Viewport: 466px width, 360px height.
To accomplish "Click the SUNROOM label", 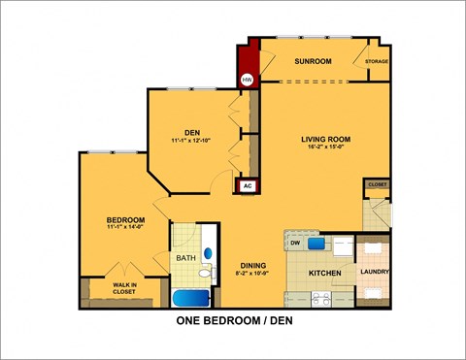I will (313, 61).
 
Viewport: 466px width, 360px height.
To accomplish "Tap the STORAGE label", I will (377, 61).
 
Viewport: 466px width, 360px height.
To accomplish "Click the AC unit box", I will (247, 184).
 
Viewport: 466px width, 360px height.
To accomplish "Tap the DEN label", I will (191, 133).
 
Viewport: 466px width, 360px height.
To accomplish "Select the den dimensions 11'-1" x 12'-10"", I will (191, 142).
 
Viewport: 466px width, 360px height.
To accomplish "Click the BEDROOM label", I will (125, 220).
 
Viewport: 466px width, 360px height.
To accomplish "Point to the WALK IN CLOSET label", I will (123, 287).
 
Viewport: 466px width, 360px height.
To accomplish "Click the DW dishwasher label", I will (295, 245).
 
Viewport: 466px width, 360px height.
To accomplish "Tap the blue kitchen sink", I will (316, 244).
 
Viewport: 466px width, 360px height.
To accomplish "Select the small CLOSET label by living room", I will (377, 183).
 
